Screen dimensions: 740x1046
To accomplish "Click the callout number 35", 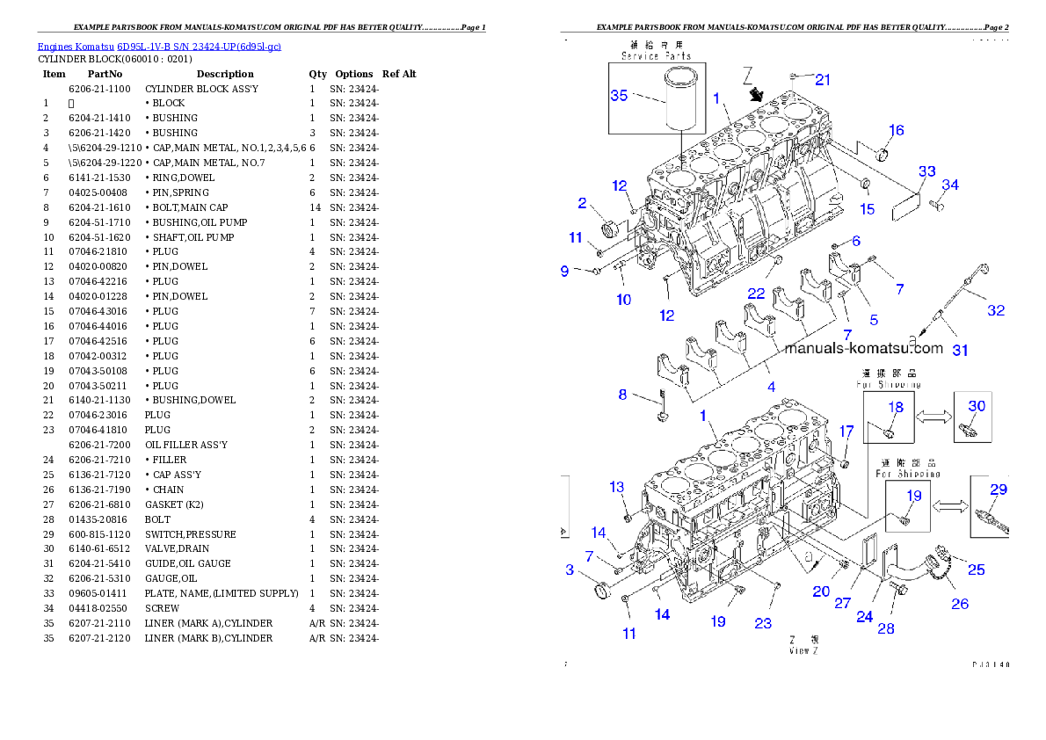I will [620, 96].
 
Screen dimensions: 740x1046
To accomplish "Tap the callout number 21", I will [823, 80].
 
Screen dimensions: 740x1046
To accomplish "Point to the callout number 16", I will [896, 131].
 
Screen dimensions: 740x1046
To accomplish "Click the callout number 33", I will [927, 171].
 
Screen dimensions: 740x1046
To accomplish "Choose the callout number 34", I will [950, 185].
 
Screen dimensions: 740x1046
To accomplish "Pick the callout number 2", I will [582, 204].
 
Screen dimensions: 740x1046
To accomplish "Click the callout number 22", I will [756, 293].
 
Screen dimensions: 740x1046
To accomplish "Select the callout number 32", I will [995, 310].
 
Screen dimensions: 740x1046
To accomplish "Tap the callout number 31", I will [961, 351].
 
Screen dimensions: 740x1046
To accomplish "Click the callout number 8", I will [622, 395].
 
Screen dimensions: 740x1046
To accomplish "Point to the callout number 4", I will [771, 387].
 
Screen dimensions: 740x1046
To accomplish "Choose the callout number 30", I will [977, 406].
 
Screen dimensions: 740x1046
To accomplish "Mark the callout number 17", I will [846, 432].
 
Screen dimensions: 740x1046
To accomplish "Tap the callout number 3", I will [570, 570].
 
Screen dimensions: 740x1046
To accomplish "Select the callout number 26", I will [960, 604].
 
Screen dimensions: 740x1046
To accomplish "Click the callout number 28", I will [885, 629].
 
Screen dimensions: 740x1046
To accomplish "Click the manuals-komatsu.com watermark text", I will [863, 348].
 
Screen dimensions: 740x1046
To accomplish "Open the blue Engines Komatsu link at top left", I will [159, 46].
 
